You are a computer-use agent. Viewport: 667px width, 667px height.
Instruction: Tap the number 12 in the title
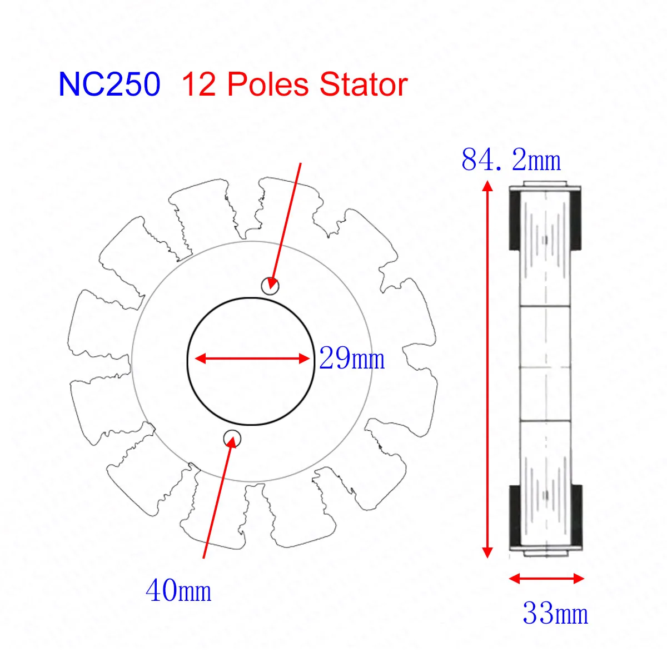(x=198, y=84)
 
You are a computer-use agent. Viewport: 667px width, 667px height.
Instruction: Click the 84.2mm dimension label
(x=511, y=160)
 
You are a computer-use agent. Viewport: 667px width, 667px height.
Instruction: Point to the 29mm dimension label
(x=352, y=359)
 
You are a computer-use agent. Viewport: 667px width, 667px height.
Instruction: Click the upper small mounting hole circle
(x=270, y=286)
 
